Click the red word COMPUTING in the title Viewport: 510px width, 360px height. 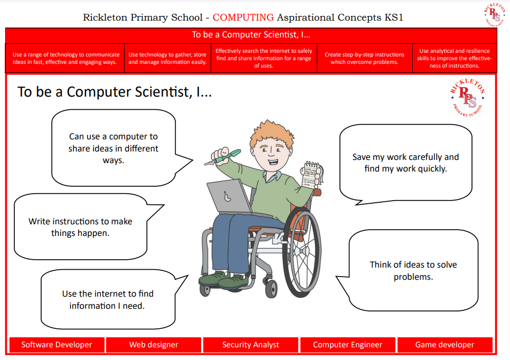(243, 17)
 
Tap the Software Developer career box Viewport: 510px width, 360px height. (57, 345)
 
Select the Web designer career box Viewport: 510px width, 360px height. (154, 345)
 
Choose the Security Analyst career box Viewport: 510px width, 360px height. (250, 345)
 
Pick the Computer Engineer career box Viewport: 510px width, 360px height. (347, 345)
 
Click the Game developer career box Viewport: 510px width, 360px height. (445, 345)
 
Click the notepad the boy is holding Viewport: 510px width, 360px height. (311, 175)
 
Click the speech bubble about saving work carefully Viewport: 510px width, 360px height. (405, 163)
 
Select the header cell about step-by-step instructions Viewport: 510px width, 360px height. (365, 58)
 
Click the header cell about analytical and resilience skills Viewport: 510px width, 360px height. (455, 58)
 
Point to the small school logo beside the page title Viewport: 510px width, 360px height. (495, 14)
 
